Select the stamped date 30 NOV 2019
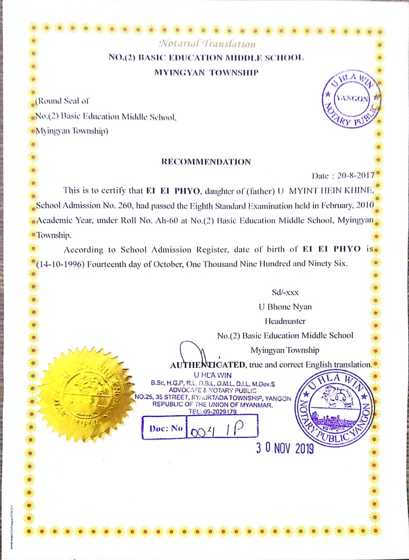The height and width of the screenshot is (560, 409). pos(285,448)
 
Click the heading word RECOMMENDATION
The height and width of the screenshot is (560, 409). pos(206,162)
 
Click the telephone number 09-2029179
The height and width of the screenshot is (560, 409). pos(218,412)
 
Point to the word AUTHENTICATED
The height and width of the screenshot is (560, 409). pos(208,365)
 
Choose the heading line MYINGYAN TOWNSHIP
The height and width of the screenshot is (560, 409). pos(207,72)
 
